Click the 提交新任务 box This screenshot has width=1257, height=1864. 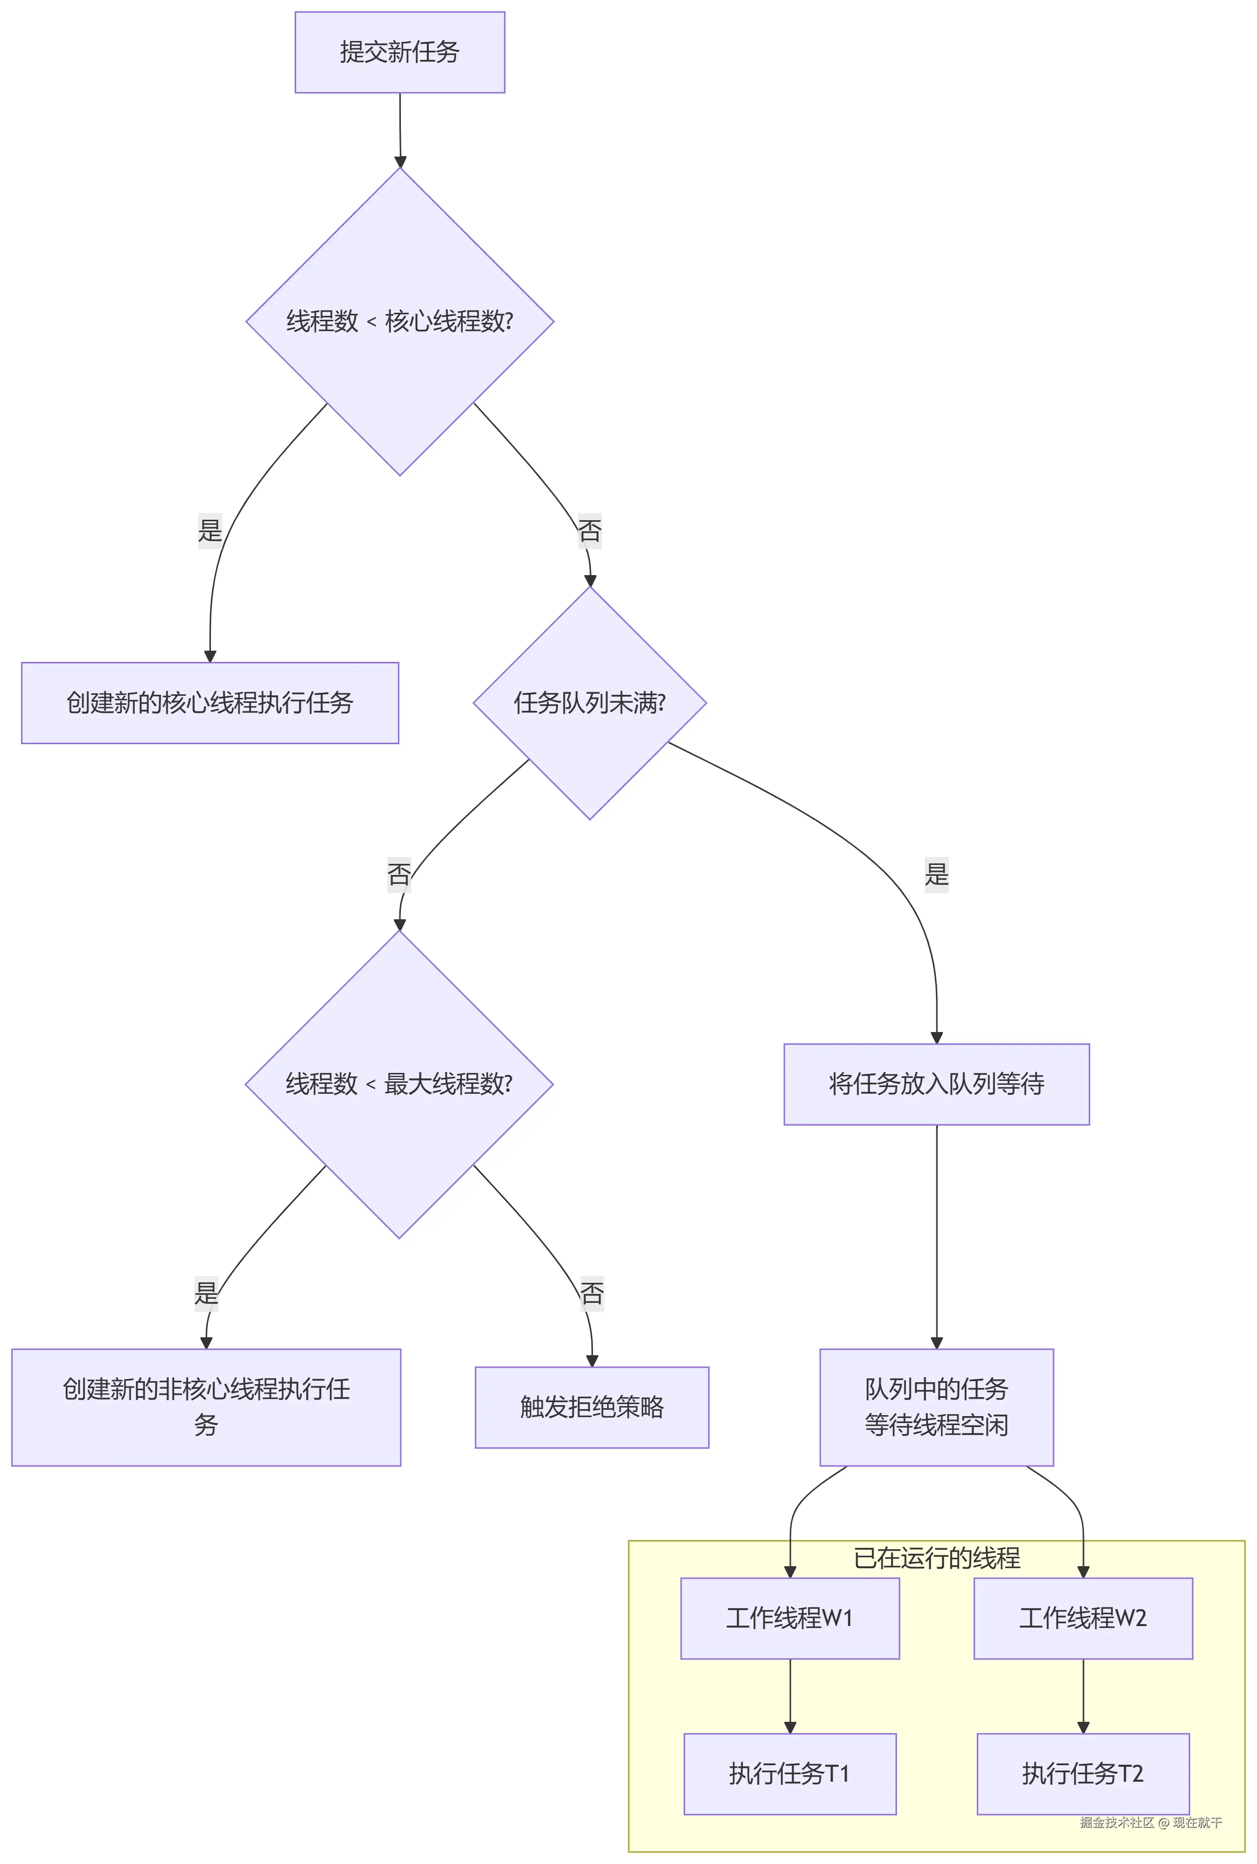(399, 52)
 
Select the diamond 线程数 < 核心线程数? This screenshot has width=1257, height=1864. (399, 322)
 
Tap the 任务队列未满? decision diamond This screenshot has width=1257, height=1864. (589, 703)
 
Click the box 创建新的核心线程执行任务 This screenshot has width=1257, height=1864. (210, 703)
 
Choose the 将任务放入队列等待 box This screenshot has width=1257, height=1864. (936, 1084)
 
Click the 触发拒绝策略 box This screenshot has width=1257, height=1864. (592, 1407)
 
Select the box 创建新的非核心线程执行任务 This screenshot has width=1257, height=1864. (206, 1407)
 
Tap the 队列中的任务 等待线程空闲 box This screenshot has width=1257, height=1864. (936, 1407)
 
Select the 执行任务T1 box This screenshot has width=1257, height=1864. (790, 1773)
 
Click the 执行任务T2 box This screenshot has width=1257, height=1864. (1083, 1773)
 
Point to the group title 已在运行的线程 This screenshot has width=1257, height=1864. (936, 1558)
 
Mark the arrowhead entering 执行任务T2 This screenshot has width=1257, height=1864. (1083, 1728)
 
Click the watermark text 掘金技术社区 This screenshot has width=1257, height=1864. (1117, 1822)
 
